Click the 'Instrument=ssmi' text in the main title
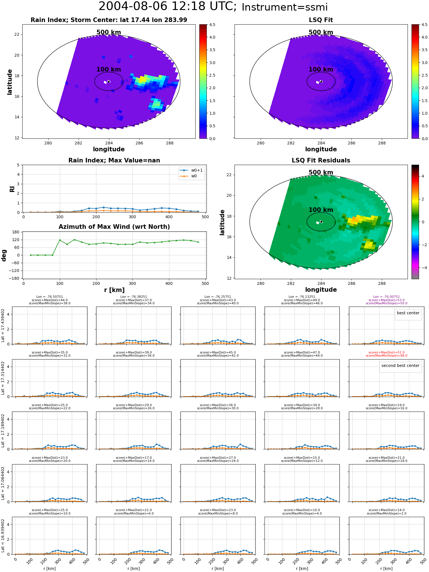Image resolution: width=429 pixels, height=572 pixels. click(285, 7)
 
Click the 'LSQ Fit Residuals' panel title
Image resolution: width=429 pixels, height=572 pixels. click(321, 160)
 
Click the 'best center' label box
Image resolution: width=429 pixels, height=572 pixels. click(408, 313)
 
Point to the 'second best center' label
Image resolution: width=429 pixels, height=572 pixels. click(400, 366)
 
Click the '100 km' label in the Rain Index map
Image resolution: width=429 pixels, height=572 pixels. click(109, 69)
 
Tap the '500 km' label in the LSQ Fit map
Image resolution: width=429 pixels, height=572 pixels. click(321, 32)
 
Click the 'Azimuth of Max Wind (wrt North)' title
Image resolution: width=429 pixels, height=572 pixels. click(114, 227)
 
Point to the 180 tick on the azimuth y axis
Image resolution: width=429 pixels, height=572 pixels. click(16, 232)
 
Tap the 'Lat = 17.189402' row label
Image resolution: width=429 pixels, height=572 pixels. click(3, 430)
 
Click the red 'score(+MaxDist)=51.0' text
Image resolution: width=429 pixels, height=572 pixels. click(386, 353)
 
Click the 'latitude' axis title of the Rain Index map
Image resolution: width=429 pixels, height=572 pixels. click(10, 82)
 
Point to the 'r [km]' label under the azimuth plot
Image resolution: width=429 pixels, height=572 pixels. click(114, 290)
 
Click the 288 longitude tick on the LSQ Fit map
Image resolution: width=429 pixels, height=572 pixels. click(382, 143)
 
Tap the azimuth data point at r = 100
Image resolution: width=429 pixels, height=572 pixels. click(60, 240)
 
